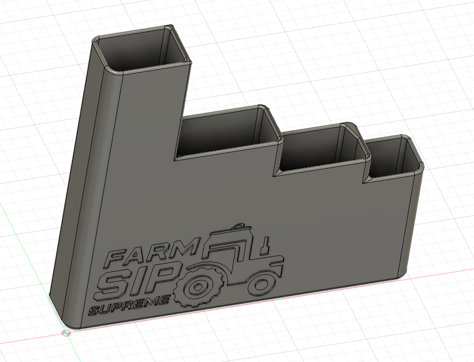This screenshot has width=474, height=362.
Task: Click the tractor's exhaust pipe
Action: pos(268,244)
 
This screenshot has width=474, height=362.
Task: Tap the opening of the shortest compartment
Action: pos(393,157)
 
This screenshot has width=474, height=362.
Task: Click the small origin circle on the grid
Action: pos(66,333)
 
